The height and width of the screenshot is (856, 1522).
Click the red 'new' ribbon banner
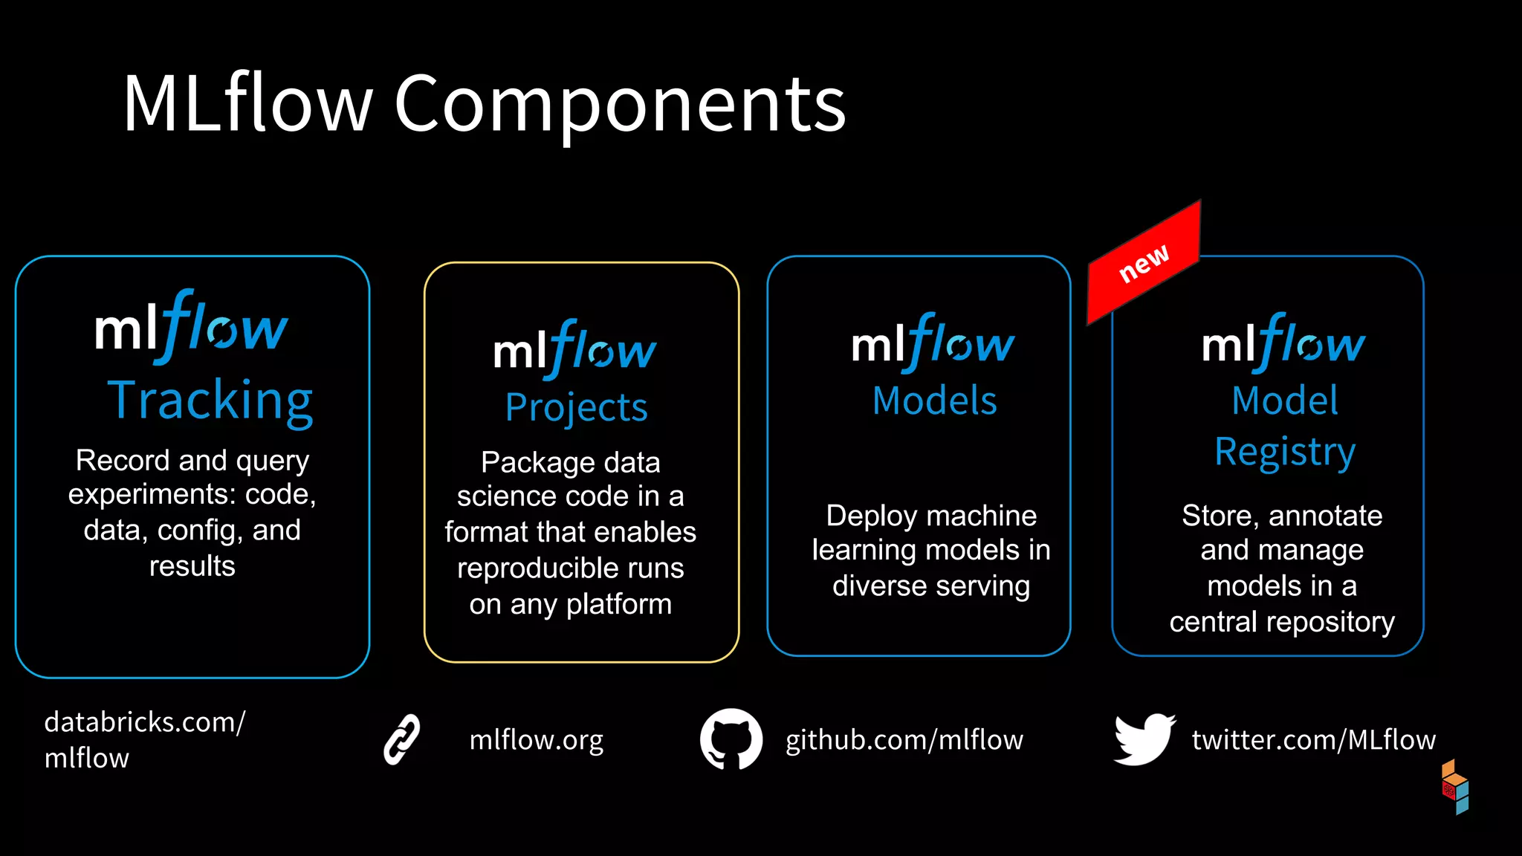coord(1144,263)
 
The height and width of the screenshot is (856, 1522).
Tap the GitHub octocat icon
coord(731,739)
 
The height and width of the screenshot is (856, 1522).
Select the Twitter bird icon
coord(1144,739)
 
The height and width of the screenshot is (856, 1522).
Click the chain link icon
coord(402,739)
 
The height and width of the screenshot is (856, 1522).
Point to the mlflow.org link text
coord(536,740)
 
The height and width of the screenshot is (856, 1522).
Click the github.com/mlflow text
coord(904,740)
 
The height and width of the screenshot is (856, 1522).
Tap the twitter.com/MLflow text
coord(1313,740)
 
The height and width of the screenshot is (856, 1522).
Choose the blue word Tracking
coord(210,401)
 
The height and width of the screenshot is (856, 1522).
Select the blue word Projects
coord(576,408)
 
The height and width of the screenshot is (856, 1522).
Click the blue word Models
coord(934,401)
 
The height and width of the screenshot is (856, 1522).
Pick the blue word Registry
coord(1284,453)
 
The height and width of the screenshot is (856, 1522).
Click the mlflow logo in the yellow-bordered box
coord(574,349)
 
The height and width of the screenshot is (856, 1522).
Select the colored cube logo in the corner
coord(1455,787)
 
